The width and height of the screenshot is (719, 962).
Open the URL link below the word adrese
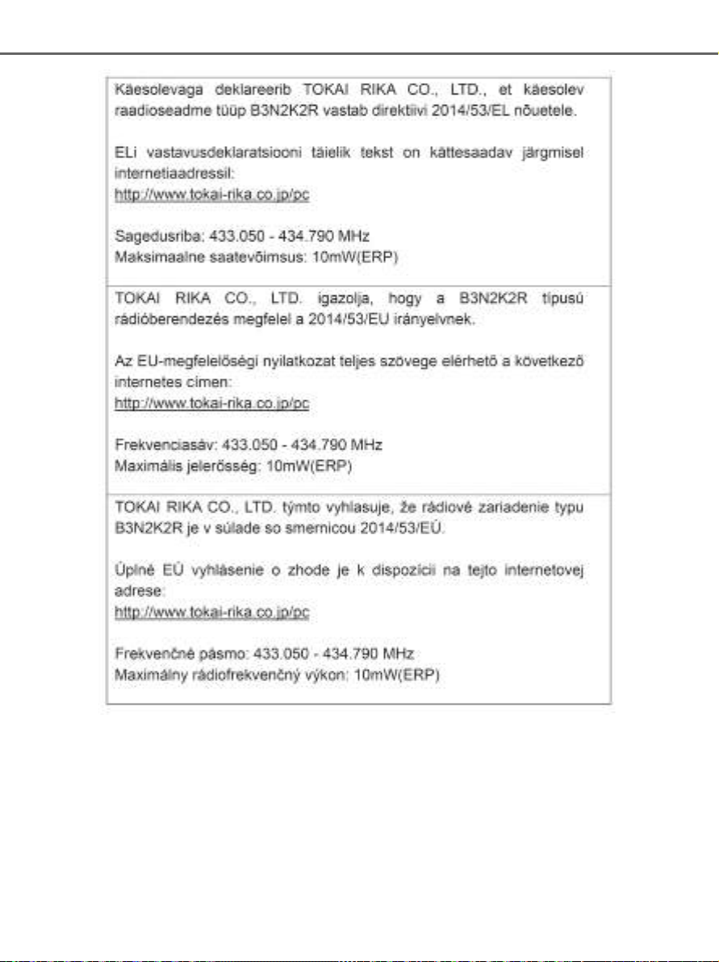coord(212,613)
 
